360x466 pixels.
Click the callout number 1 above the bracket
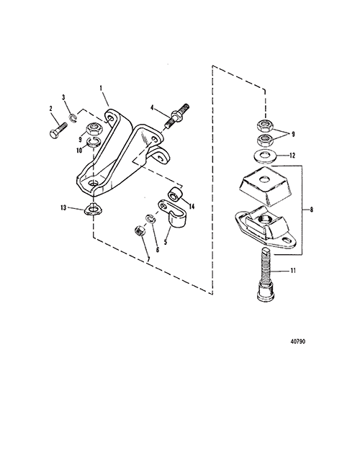(101, 88)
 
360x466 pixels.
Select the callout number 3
(63, 97)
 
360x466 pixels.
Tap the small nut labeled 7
(140, 230)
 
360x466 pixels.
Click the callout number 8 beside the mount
(311, 210)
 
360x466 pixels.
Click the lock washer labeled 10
(94, 142)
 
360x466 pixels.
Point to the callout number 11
(293, 271)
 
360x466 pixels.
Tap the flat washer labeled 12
(265, 156)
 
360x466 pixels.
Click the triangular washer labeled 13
(94, 209)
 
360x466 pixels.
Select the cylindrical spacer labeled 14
(174, 194)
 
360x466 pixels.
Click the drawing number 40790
(297, 341)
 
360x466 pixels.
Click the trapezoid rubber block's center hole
(263, 179)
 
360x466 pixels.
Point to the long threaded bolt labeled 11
(266, 275)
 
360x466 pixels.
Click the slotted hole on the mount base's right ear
(287, 240)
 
